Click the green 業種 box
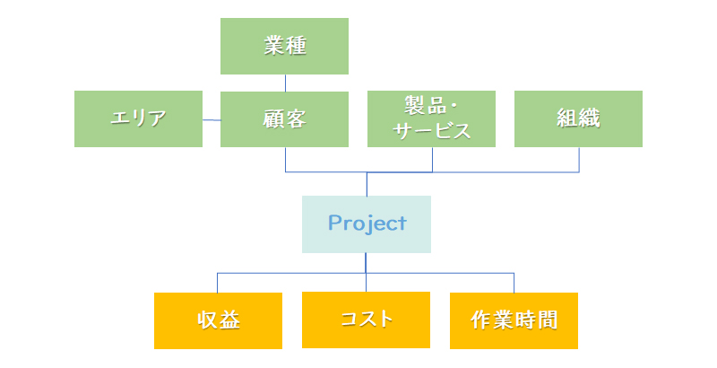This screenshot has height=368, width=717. pos(284,47)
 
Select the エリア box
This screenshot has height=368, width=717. pos(139,119)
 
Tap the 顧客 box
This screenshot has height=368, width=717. pos(284,119)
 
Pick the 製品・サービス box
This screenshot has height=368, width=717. pos(431,119)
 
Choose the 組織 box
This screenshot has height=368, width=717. pos(578,119)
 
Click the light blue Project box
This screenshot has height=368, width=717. pos(367,224)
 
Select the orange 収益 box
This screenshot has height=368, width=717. pos(218,320)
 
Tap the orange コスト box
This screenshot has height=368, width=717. pos(366,320)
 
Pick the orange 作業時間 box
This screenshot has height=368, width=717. pos(514,320)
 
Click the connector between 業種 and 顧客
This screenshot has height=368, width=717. pos(285,83)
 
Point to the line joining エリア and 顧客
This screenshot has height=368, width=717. pos(212,120)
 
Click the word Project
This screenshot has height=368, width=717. pos(367,223)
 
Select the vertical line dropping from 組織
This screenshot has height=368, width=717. pos(579,160)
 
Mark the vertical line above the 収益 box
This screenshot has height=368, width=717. pos(217,283)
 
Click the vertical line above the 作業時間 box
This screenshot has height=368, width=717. pos(514,283)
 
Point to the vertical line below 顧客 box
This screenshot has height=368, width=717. pos(285,160)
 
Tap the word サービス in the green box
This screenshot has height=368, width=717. pos(432,131)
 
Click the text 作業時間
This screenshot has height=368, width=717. pos(514,320)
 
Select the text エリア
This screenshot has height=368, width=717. pos(138,118)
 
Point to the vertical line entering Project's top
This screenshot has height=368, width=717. pos(367,184)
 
